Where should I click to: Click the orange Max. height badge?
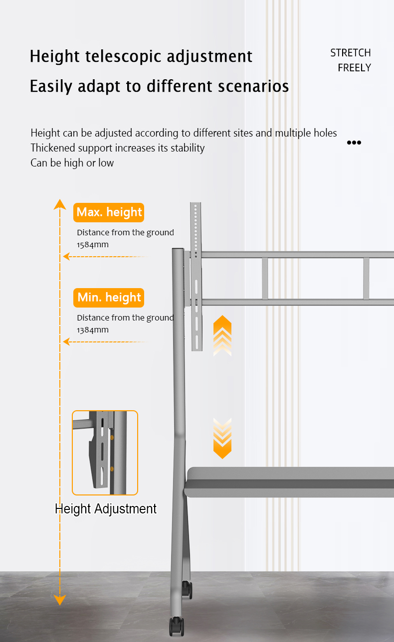tap(109, 212)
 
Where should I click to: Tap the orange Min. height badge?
tap(109, 298)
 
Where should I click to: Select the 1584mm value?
tap(93, 245)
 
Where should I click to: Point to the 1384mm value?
tap(93, 330)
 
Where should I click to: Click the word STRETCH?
tap(351, 53)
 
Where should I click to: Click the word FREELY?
tap(355, 68)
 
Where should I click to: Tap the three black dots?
tap(354, 143)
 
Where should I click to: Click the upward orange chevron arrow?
tap(222, 335)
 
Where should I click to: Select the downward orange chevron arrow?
tap(222, 438)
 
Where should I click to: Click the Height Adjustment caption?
tap(106, 509)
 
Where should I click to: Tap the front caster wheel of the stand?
tap(177, 626)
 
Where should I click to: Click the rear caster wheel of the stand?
tap(187, 590)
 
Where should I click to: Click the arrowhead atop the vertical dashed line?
tap(60, 204)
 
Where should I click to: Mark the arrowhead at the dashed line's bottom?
tap(60, 600)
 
